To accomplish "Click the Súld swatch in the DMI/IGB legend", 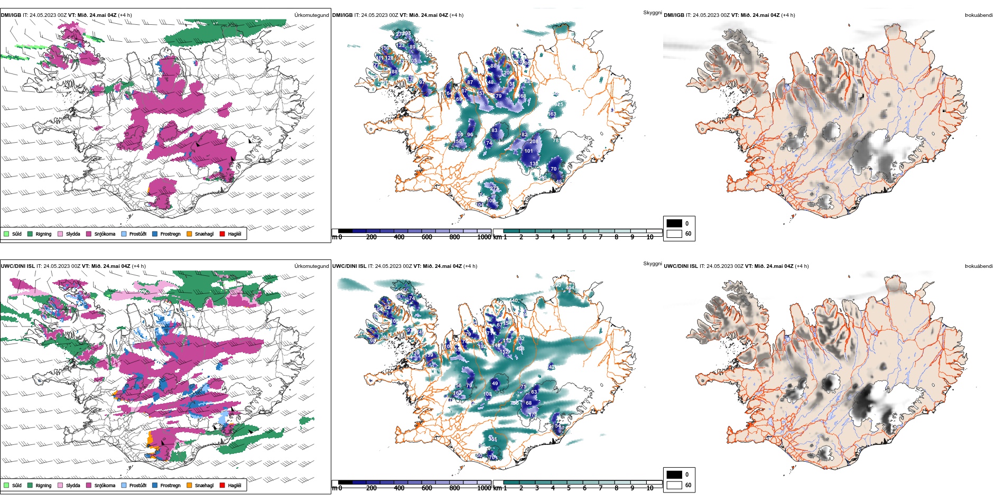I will click(6, 234).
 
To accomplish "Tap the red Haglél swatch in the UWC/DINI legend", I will click(222, 485).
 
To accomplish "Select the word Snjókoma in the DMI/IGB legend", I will click(105, 234).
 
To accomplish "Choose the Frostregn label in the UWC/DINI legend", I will click(170, 486).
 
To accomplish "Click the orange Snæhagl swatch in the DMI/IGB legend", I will click(189, 234).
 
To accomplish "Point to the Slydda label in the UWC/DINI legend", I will click(73, 486).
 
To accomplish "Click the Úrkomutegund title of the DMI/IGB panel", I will click(311, 15).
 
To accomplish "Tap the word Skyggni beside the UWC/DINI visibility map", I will click(652, 264).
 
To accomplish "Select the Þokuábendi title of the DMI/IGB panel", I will click(979, 15).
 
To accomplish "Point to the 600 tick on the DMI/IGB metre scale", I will click(427, 237).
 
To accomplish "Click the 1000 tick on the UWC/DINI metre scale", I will click(484, 488).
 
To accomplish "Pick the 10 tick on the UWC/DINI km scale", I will click(650, 488).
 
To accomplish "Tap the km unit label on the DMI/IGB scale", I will click(497, 237).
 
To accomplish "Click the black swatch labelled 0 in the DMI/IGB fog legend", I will click(674, 223).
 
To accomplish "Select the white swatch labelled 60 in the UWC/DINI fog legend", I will click(674, 485).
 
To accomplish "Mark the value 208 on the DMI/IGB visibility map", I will click(534, 142).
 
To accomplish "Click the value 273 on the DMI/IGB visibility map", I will click(494, 189).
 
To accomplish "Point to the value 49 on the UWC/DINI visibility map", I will click(495, 384).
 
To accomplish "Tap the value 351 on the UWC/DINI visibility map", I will click(492, 439).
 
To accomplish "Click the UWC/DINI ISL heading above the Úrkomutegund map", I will click(17, 266).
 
